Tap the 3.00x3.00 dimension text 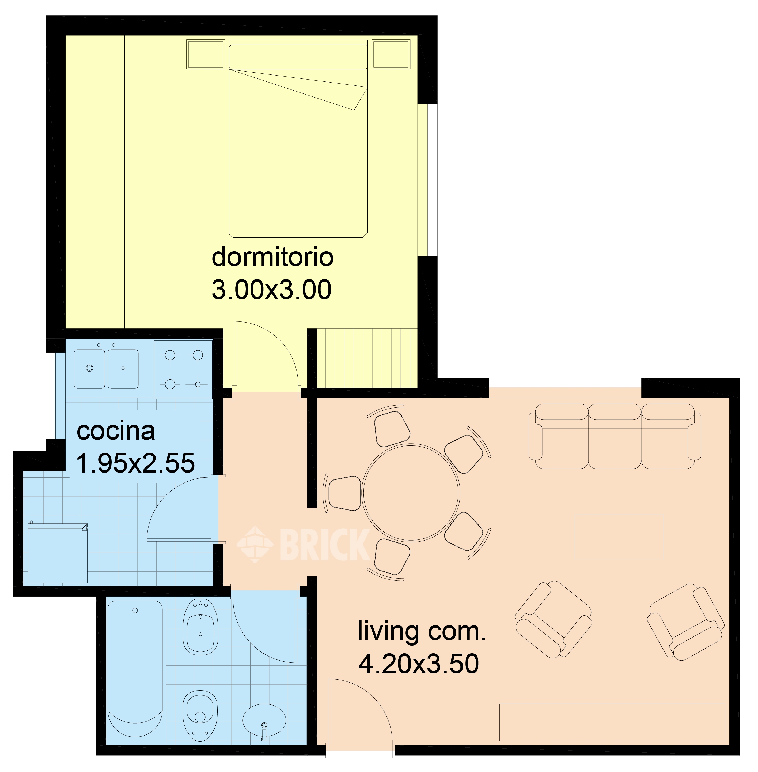(x=271, y=290)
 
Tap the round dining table (x=411, y=493)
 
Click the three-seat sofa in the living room (x=615, y=436)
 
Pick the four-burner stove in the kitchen (x=184, y=369)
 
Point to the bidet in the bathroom (x=200, y=627)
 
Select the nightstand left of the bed (x=205, y=54)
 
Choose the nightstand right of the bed (x=391, y=54)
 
